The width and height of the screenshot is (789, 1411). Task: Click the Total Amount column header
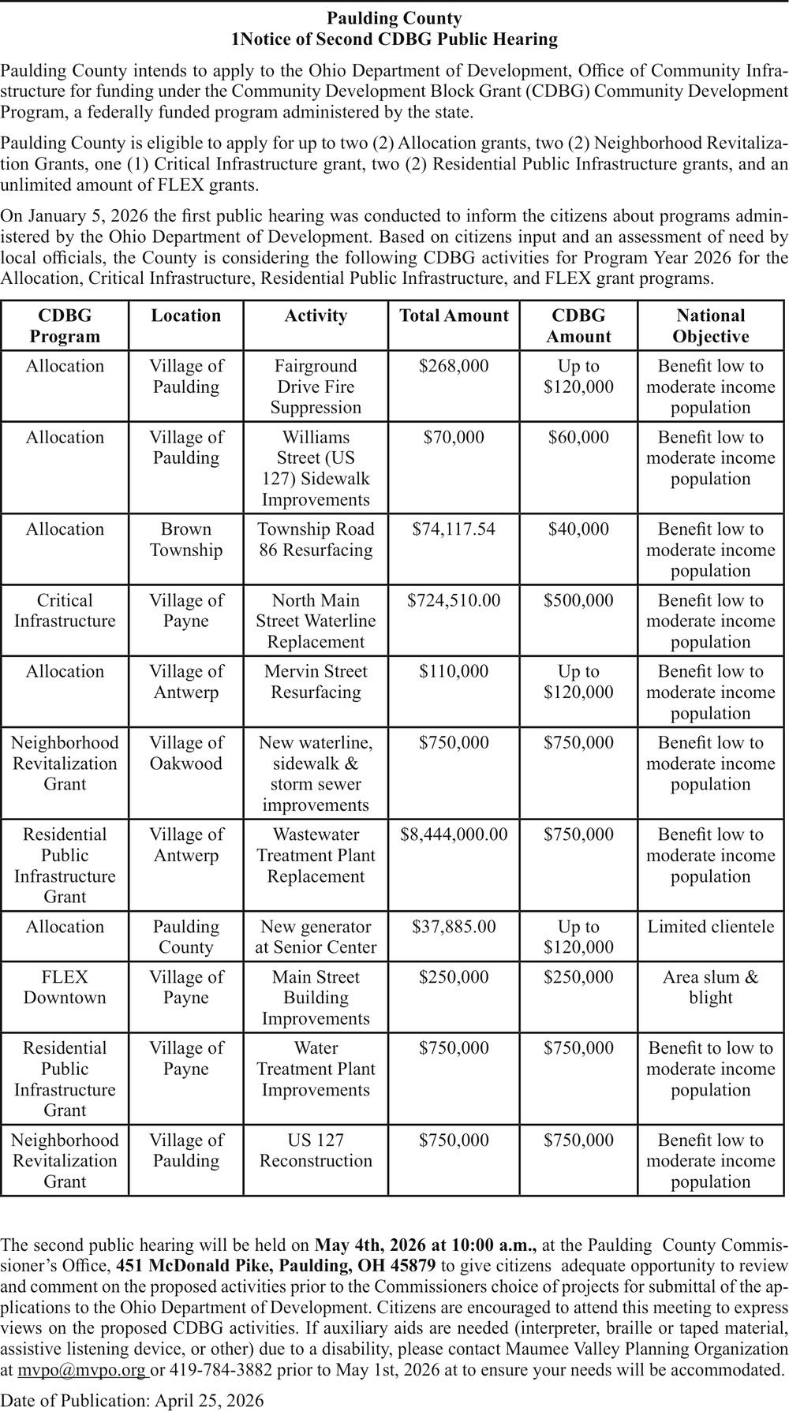tap(454, 316)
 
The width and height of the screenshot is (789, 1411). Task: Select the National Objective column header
tap(710, 326)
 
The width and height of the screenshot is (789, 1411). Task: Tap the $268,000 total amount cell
tap(454, 366)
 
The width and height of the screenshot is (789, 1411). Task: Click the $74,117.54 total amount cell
tap(454, 529)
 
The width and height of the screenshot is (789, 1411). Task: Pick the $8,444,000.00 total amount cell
tap(454, 834)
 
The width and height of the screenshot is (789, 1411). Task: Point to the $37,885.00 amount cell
tap(454, 927)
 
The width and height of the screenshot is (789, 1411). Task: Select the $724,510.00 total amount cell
tap(454, 600)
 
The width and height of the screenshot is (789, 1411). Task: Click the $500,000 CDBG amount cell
tap(578, 600)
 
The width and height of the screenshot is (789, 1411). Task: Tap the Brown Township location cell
tap(186, 539)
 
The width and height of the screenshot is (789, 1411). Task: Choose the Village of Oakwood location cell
tap(186, 753)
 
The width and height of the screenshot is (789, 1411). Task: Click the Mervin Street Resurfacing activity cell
tap(316, 681)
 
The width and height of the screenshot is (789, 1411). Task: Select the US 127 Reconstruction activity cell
tap(316, 1150)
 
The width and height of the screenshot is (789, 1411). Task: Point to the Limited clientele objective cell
tap(710, 927)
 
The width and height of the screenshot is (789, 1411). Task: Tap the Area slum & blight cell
tap(710, 987)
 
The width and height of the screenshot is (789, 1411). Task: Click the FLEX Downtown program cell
tap(65, 987)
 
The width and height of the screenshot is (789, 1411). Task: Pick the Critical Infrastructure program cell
tap(65, 610)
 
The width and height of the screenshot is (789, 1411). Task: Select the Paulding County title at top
tap(394, 18)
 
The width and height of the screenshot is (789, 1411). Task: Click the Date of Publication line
tap(133, 1400)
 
